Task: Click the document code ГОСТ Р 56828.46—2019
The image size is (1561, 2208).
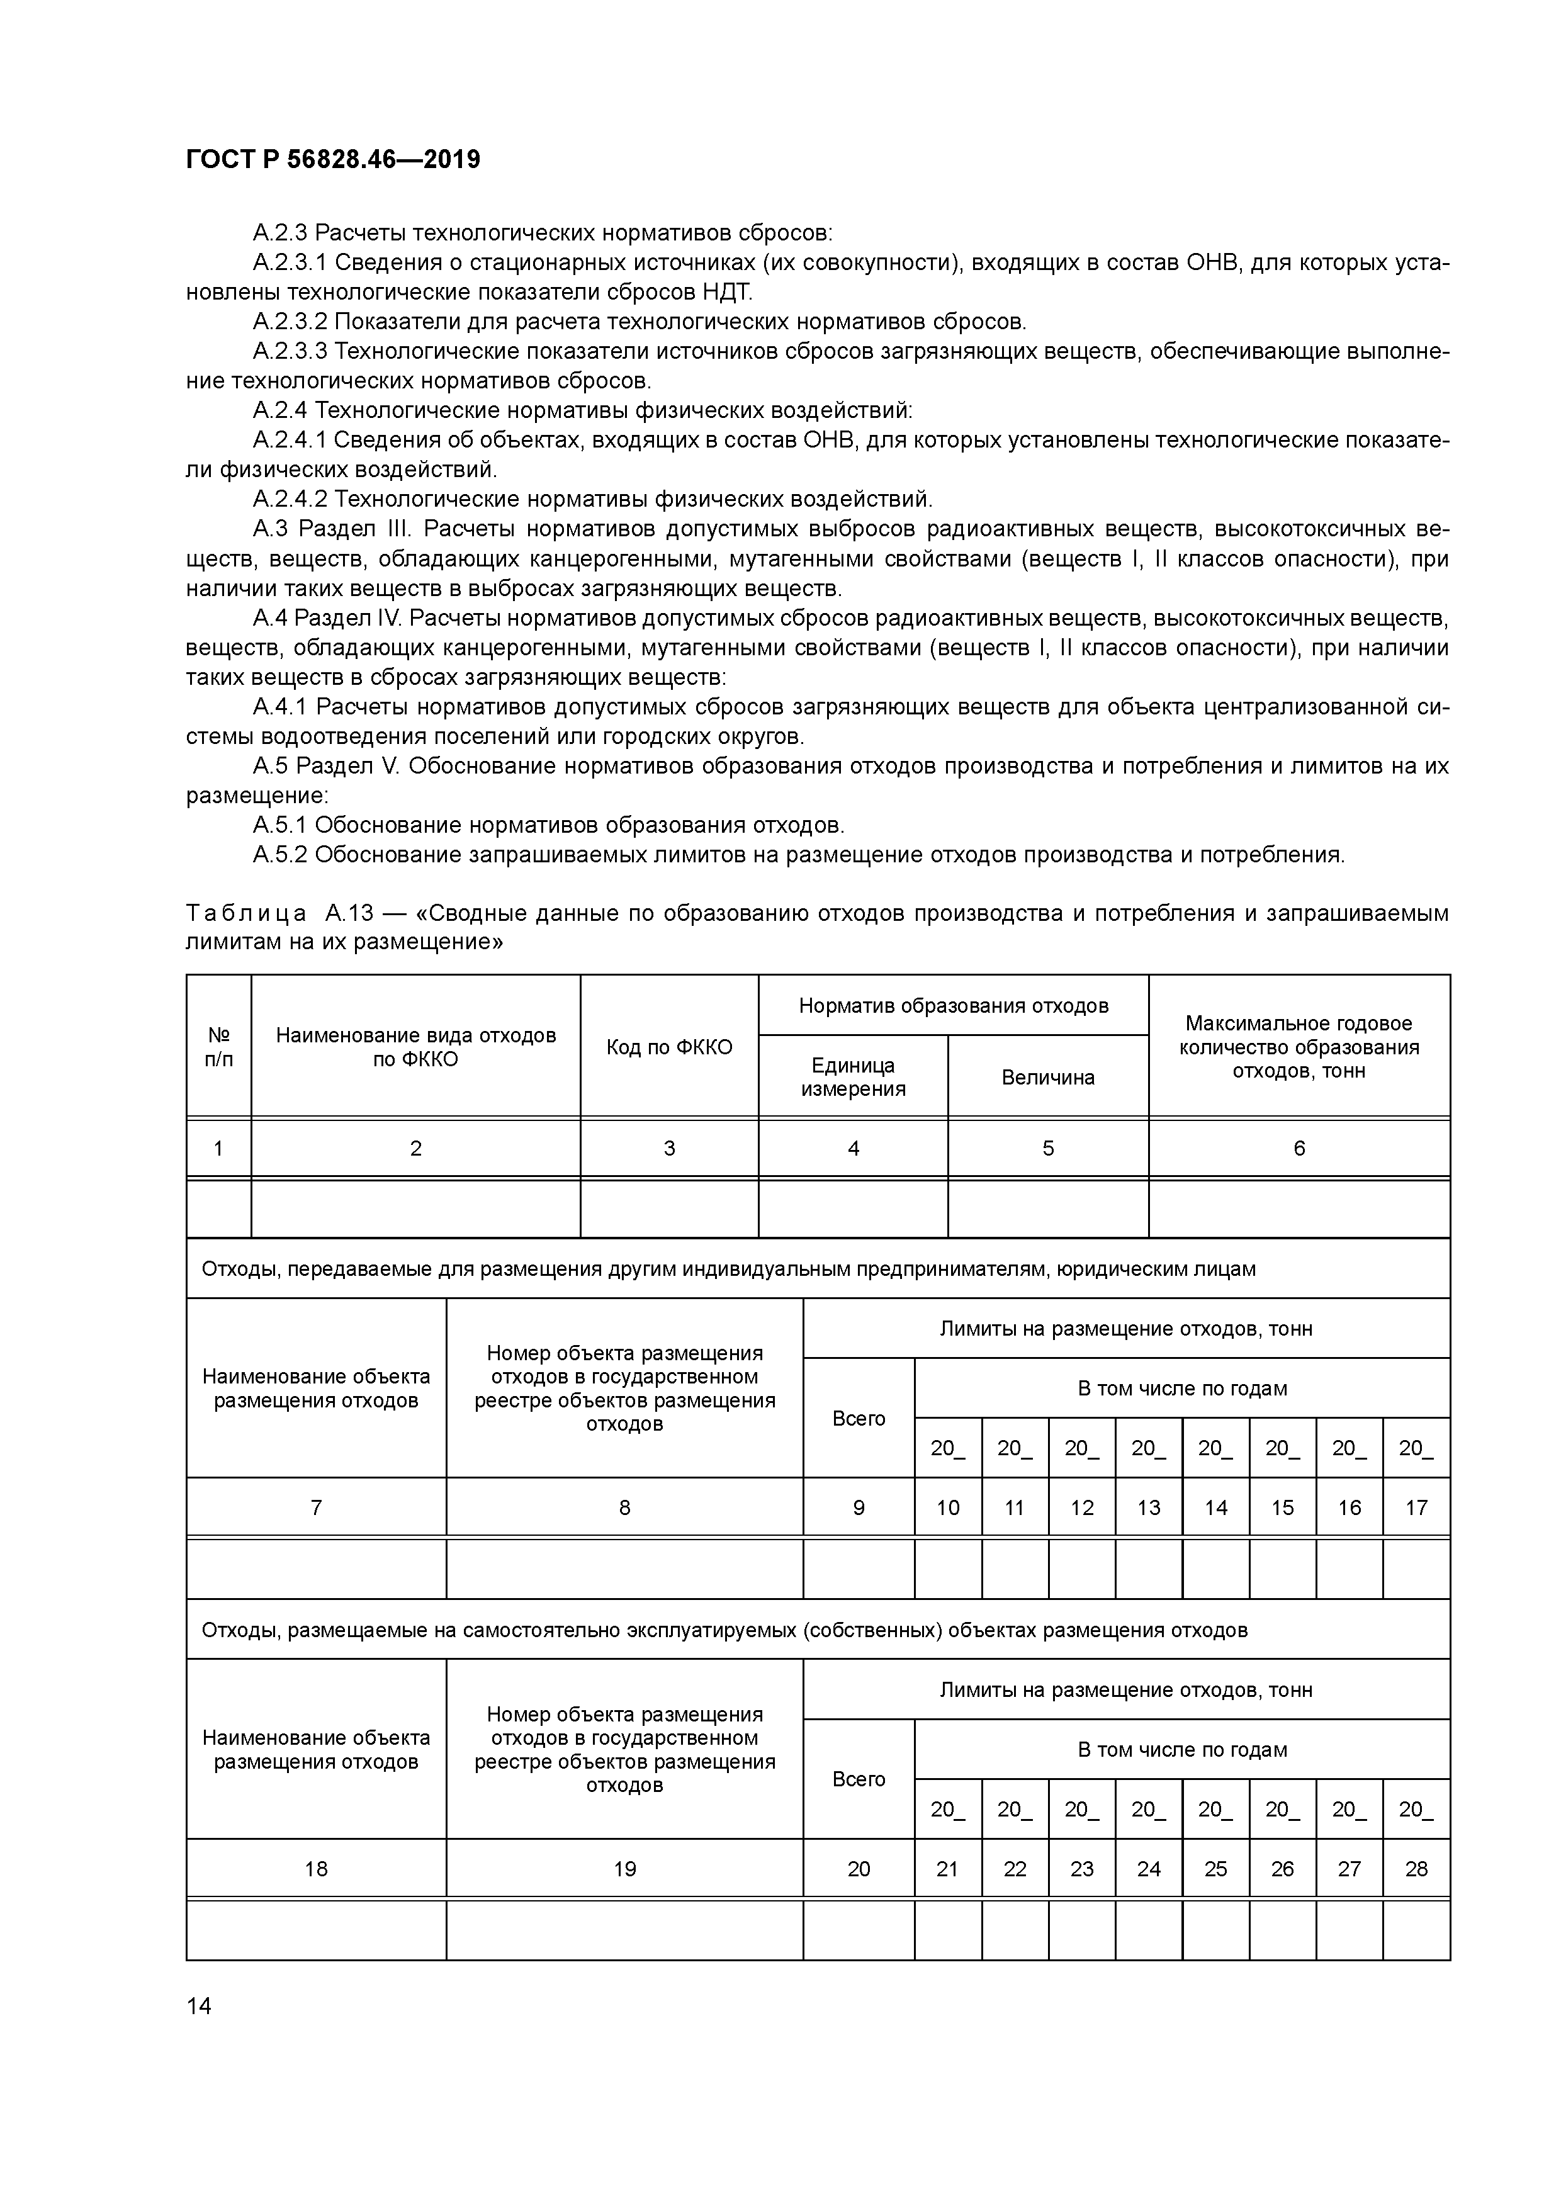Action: click(x=333, y=160)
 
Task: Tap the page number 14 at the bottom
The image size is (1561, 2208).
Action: click(x=198, y=2006)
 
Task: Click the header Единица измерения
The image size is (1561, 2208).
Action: click(x=853, y=1077)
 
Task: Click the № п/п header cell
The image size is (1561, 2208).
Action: click(x=218, y=1047)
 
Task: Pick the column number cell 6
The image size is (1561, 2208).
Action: click(x=1299, y=1148)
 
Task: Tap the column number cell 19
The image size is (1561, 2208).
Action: click(x=624, y=1869)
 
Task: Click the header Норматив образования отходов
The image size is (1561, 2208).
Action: click(x=953, y=1006)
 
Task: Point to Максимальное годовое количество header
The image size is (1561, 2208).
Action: click(x=1299, y=1047)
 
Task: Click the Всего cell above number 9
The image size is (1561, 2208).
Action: click(x=858, y=1419)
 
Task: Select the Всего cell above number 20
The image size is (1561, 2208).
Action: click(x=858, y=1779)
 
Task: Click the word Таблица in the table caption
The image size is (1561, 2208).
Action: click(x=246, y=913)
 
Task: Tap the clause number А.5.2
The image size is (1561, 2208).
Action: click(x=280, y=854)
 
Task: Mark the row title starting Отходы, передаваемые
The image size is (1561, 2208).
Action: click(x=728, y=1270)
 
